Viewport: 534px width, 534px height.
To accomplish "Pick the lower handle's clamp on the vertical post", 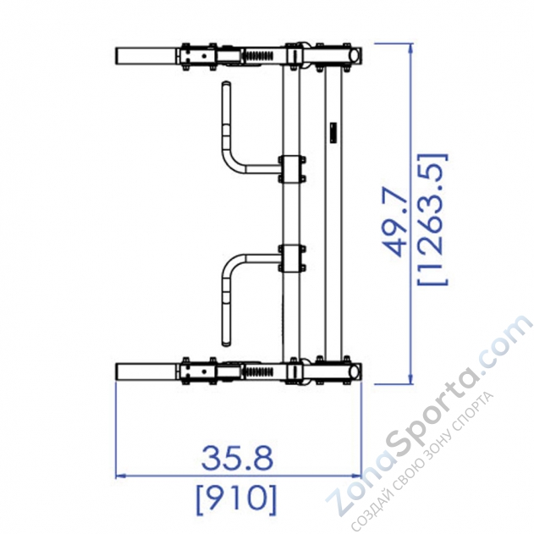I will pyautogui.click(x=291, y=258).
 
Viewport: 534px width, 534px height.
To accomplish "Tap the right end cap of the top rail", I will pyautogui.click(x=357, y=55).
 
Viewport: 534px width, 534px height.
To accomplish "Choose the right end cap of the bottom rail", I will pyautogui.click(x=357, y=371).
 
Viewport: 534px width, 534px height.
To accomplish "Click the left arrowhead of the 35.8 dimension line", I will pyautogui.click(x=119, y=476).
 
